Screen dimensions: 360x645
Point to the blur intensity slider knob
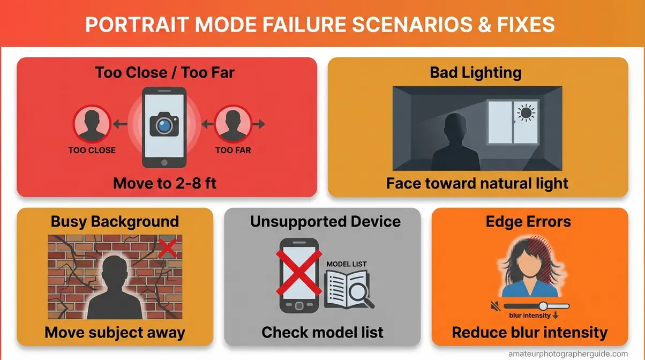coord(543,306)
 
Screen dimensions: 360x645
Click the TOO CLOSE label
coord(92,151)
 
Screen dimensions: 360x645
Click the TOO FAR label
coord(233,151)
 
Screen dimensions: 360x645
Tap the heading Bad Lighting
coord(476,72)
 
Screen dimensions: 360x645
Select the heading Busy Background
coord(115,221)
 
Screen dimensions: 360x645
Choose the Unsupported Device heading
coord(325,221)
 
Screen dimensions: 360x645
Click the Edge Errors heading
coord(528,221)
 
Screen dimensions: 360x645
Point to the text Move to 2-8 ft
coord(165,184)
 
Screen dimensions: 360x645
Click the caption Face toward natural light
coord(477,184)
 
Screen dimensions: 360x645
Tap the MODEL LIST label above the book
coord(347,264)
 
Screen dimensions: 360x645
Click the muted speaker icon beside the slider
coord(496,306)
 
